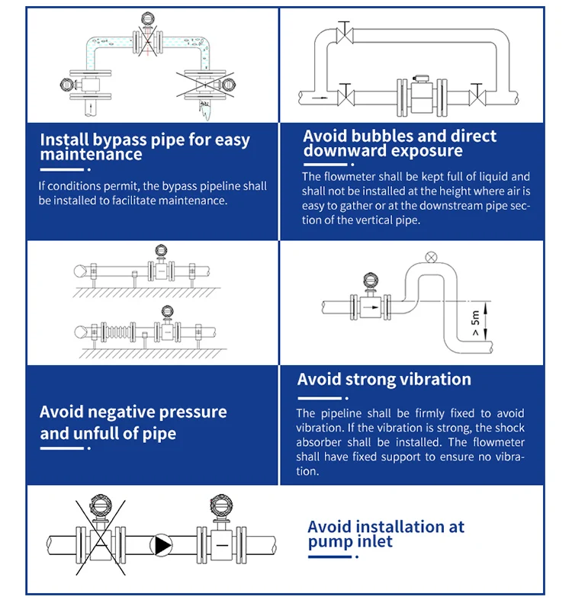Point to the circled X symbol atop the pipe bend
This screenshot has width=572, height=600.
tap(432, 256)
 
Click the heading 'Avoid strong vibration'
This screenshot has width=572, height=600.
tap(384, 380)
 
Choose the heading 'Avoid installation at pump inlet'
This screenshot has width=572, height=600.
tap(385, 534)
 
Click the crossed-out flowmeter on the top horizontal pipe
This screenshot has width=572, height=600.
tap(146, 35)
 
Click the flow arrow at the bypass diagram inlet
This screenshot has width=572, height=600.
tap(318, 98)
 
